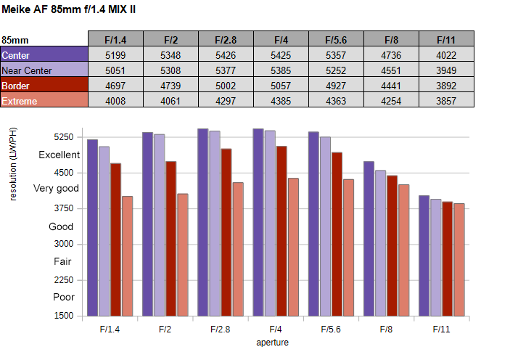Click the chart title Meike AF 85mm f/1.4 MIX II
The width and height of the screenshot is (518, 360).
coord(68,9)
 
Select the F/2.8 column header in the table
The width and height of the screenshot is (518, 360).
coord(226,38)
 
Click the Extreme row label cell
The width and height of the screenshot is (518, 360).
coord(44,99)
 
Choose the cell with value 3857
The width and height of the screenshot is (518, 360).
coord(447,99)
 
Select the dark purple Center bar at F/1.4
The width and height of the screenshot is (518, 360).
coord(93,228)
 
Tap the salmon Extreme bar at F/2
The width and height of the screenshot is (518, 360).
coord(183,255)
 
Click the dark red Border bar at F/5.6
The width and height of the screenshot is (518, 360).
coord(337,234)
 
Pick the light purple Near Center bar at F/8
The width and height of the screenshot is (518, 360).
coord(381,243)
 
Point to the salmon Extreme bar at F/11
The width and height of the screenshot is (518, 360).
coord(459,260)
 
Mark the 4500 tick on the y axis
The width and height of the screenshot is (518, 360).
coord(64,173)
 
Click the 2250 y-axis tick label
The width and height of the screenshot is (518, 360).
coord(64,280)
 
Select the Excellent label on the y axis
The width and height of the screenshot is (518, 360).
coord(59,155)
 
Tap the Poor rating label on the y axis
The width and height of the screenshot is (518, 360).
coord(64,297)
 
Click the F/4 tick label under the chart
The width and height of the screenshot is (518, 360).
coord(276,330)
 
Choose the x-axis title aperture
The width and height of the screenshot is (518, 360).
coord(273,343)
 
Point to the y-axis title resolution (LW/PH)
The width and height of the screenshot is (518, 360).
coord(12,164)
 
